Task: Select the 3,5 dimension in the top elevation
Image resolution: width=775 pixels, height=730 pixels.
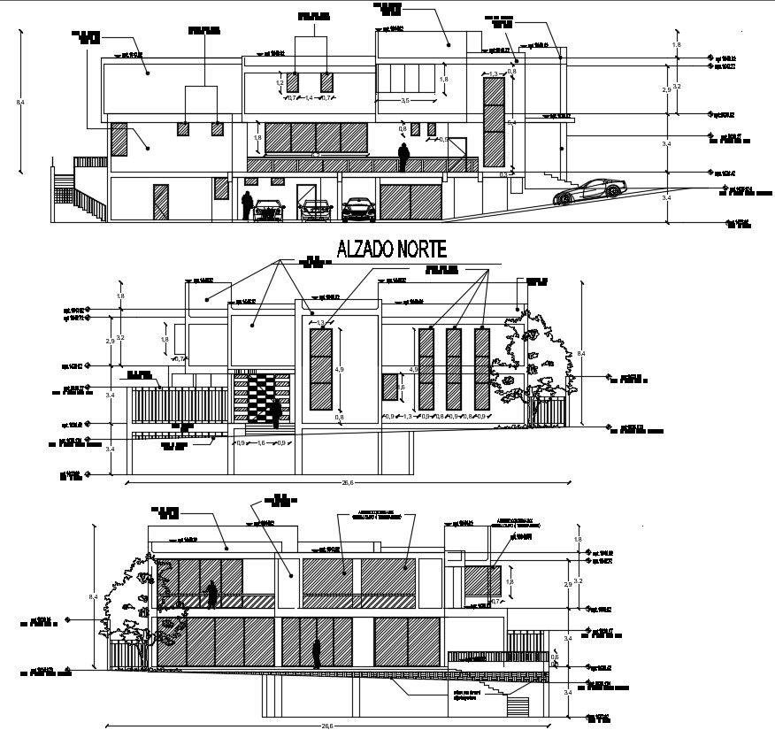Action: pyautogui.click(x=405, y=101)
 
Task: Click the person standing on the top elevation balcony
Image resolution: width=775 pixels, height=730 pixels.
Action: pyautogui.click(x=403, y=157)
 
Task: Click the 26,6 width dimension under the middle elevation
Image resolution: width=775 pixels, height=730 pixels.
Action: pyautogui.click(x=347, y=483)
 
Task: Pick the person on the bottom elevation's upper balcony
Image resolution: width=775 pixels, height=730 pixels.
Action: pyautogui.click(x=211, y=596)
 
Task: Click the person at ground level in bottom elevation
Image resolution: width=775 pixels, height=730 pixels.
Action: pyautogui.click(x=316, y=654)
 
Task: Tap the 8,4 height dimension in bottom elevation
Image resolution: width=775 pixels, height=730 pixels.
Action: pyautogui.click(x=91, y=598)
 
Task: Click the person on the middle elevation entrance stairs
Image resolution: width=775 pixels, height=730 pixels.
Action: pyautogui.click(x=276, y=412)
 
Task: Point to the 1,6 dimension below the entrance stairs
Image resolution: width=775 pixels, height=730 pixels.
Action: pyautogui.click(x=261, y=442)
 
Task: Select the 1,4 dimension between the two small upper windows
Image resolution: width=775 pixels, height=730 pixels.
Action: pyautogui.click(x=309, y=97)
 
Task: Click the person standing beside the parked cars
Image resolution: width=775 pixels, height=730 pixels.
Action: pyautogui.click(x=249, y=205)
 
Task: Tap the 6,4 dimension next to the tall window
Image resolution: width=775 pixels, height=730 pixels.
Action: pyautogui.click(x=510, y=122)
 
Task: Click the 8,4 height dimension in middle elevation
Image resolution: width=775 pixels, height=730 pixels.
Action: pyautogui.click(x=581, y=354)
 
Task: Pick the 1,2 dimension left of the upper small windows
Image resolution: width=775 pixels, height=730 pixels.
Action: pyautogui.click(x=280, y=83)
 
